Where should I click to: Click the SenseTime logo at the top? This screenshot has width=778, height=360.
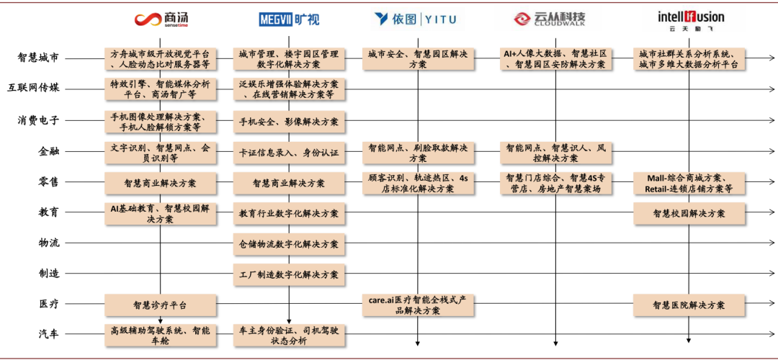[x=160, y=19]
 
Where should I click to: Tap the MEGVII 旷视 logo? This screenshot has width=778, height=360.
[x=289, y=19]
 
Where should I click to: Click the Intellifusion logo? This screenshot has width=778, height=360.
[x=689, y=19]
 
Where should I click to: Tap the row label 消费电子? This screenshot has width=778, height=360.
[x=39, y=120]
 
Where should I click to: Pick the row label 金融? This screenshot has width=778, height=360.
[x=49, y=151]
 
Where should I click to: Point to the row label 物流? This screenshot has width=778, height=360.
[x=49, y=243]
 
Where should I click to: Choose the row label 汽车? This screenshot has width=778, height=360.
[x=49, y=333]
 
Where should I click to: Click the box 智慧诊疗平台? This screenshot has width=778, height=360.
[x=160, y=305]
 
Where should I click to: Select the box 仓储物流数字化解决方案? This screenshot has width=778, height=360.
[x=289, y=243]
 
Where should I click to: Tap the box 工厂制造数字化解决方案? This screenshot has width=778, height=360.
[x=289, y=274]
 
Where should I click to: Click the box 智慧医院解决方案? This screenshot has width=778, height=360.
[x=689, y=305]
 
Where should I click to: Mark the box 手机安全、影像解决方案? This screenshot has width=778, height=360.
[x=289, y=122]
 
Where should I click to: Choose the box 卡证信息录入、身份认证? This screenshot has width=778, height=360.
[x=289, y=153]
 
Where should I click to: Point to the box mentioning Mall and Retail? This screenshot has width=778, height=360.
[x=689, y=183]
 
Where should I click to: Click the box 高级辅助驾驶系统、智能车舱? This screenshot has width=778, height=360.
[x=160, y=336]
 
